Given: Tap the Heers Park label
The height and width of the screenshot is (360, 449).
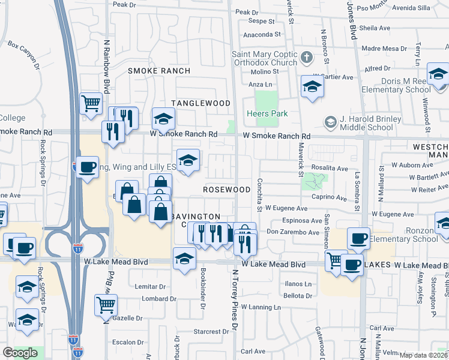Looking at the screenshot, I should pos(267,113).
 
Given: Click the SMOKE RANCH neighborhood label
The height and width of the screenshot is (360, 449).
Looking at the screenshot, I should pos(159,71).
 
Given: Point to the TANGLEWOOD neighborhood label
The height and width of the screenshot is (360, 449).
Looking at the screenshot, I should pos(201,103).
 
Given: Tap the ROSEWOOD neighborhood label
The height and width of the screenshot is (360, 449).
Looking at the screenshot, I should pos(226,189).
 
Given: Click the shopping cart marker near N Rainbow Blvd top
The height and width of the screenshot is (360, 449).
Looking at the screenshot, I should pos(91,103).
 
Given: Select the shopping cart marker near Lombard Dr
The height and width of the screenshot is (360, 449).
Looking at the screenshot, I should pos(106,304).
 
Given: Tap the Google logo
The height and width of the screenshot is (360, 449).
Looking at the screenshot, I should pos(20,353).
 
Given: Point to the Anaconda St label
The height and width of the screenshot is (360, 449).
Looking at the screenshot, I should pos(258,35).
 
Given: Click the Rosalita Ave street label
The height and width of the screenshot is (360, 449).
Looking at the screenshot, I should pos(330,169).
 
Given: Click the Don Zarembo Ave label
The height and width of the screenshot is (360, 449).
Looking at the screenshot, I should pos(290,231).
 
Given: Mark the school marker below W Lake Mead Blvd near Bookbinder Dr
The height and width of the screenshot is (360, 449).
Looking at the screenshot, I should pos(184,259).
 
